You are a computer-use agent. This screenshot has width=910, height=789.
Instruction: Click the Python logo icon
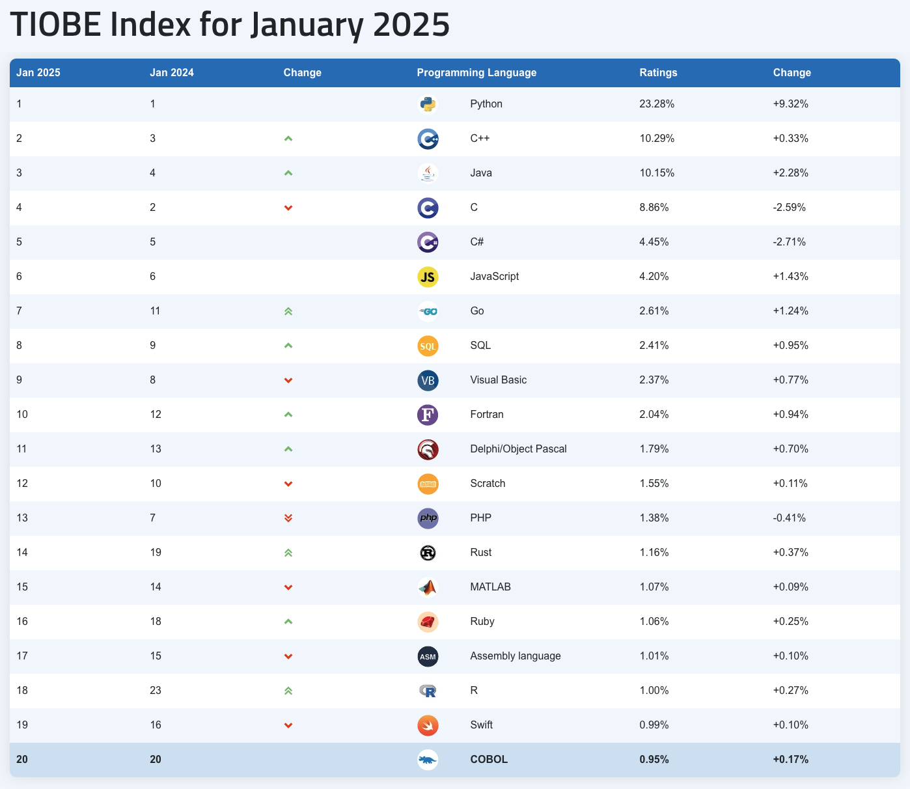pyautogui.click(x=428, y=104)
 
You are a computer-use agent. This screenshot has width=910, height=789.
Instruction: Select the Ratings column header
pyautogui.click(x=658, y=73)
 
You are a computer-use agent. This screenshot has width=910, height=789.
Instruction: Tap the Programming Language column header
pyautogui.click(x=476, y=73)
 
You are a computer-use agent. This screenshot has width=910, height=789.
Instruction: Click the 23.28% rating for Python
pyautogui.click(x=657, y=104)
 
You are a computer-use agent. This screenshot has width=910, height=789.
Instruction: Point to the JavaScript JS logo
pyautogui.click(x=428, y=277)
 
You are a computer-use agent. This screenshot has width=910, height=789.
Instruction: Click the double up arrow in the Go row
pyautogui.click(x=288, y=311)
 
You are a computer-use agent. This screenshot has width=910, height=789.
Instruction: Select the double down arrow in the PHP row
pyautogui.click(x=288, y=518)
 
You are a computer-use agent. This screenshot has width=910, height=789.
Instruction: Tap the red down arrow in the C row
pyautogui.click(x=288, y=208)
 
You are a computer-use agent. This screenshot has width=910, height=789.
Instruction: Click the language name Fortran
pyautogui.click(x=486, y=415)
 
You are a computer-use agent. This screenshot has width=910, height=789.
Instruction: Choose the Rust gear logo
pyautogui.click(x=428, y=553)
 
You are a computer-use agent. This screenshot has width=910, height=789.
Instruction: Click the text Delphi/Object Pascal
pyautogui.click(x=518, y=449)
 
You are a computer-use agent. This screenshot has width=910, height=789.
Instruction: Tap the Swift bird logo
pyautogui.click(x=428, y=725)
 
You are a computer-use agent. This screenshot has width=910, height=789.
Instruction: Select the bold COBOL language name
pyautogui.click(x=488, y=760)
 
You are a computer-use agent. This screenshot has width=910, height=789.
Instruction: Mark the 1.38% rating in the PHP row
pyautogui.click(x=654, y=518)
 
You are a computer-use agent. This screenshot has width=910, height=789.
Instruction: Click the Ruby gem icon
pyautogui.click(x=428, y=622)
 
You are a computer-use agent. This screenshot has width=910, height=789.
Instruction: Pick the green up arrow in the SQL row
pyautogui.click(x=288, y=346)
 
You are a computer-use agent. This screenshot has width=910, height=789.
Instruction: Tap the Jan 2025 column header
pyautogui.click(x=38, y=73)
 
